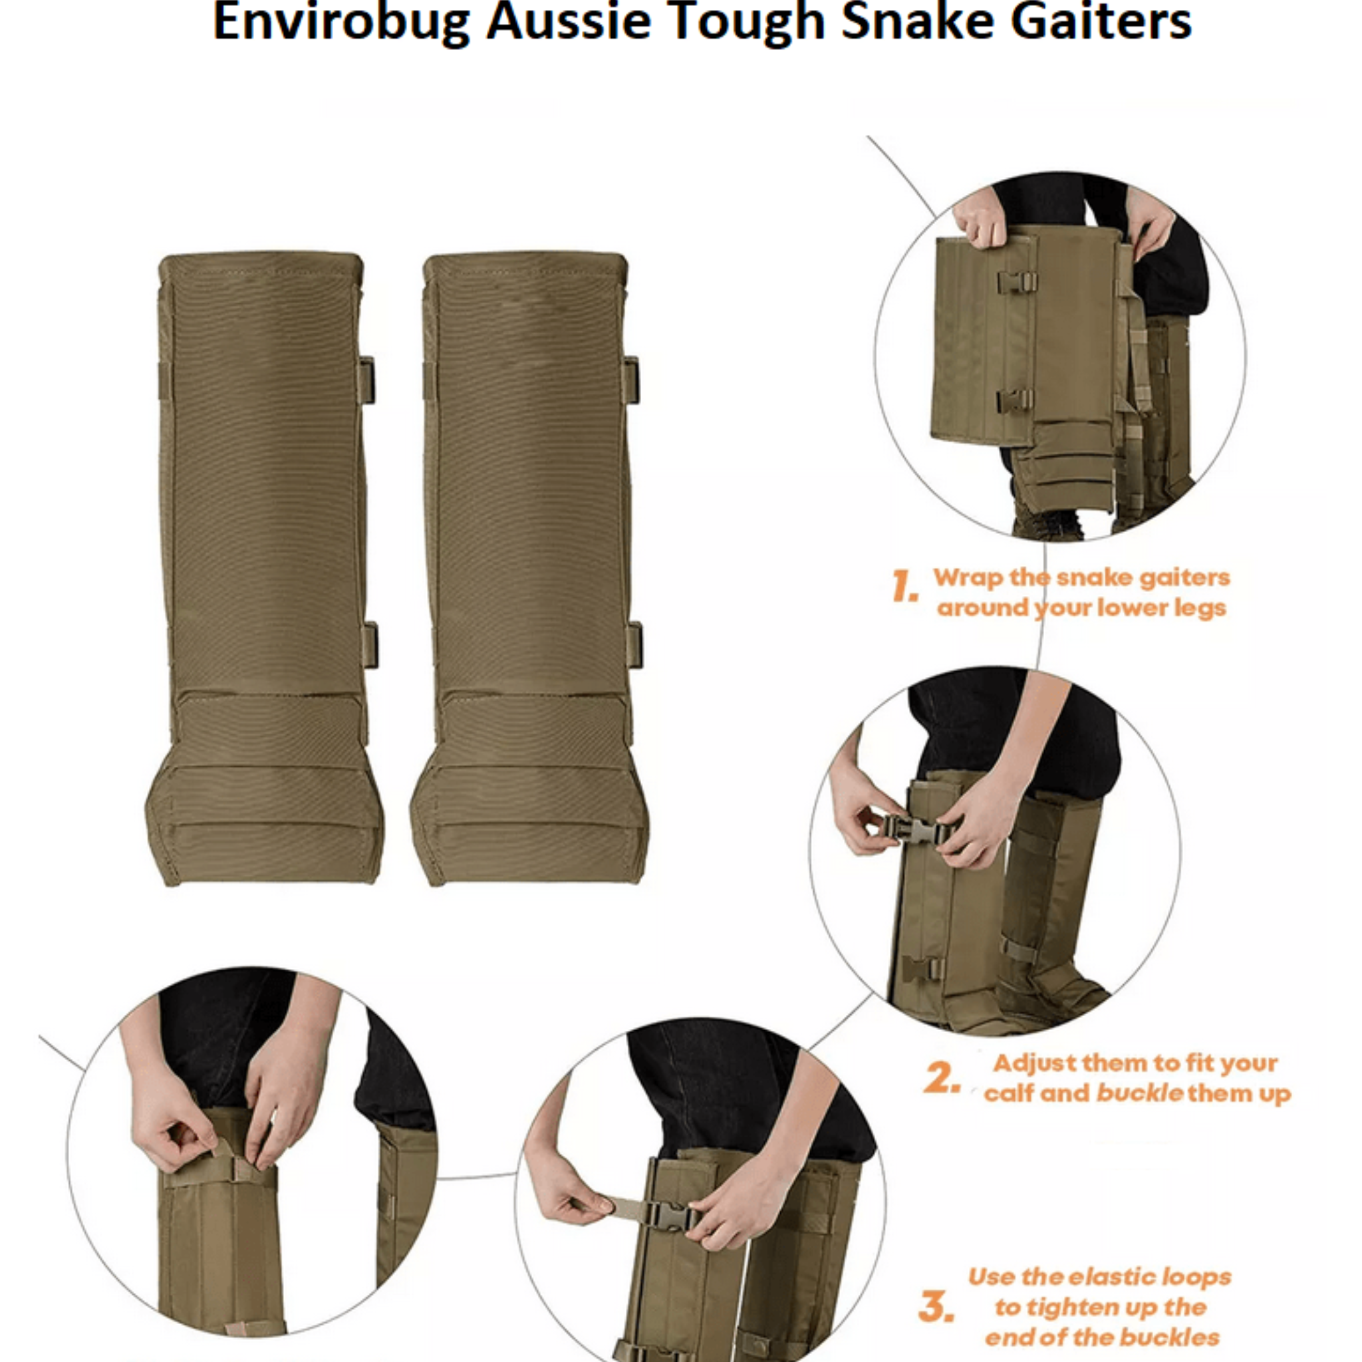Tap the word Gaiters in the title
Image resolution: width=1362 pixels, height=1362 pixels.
(x=1100, y=23)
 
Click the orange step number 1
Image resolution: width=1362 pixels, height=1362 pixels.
(x=904, y=587)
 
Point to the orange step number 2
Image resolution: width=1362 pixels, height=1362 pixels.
(x=942, y=1078)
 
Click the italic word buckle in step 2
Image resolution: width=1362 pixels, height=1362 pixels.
(x=1139, y=1093)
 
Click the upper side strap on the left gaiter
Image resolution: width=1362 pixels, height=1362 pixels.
(x=366, y=380)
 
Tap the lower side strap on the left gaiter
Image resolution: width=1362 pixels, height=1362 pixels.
(x=370, y=645)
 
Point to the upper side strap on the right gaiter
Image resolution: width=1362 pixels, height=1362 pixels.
(x=632, y=380)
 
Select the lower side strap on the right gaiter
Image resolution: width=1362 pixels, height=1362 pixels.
(x=635, y=645)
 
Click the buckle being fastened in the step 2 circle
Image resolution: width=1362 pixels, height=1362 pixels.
(x=914, y=831)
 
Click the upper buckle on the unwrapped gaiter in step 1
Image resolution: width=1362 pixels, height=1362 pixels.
(x=1017, y=283)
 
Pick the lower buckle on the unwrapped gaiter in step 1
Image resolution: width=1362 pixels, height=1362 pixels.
(x=1014, y=400)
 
